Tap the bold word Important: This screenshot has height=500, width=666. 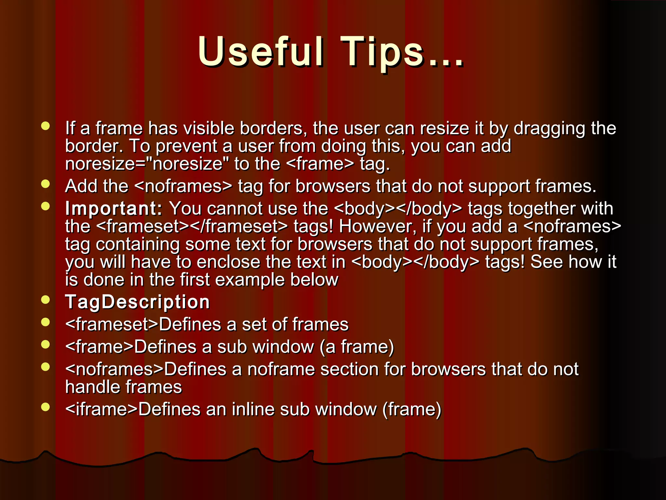point(113,209)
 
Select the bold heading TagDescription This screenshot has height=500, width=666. point(138,302)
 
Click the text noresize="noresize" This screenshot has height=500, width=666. point(147,164)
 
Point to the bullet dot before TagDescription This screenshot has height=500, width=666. point(46,300)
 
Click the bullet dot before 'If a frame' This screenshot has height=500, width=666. point(46,126)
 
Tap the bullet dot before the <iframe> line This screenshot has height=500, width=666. point(46,407)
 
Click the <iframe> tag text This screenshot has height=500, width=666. point(101,409)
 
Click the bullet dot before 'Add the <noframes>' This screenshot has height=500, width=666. point(46,184)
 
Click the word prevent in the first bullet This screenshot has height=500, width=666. point(186,146)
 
